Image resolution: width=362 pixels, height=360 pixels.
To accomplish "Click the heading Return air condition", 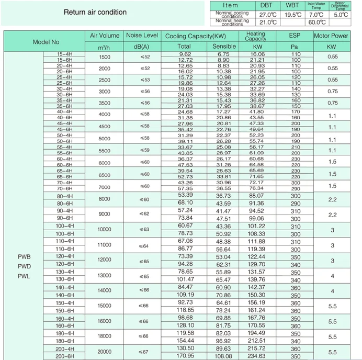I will point(95,12).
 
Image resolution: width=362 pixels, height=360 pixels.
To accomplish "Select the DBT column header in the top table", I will point(266,5).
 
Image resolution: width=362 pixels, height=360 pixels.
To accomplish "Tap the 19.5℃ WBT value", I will point(292,15).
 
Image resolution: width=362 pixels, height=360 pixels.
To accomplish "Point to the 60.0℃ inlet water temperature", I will point(316,22).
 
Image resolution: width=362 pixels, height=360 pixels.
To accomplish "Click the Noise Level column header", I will point(142,36).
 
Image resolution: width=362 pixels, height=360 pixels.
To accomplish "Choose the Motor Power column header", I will point(331,36).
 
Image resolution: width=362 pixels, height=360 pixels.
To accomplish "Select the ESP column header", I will point(295,36).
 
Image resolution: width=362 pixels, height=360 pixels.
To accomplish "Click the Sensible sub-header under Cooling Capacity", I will point(224,46).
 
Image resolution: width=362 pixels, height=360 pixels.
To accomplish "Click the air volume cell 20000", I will point(104,352).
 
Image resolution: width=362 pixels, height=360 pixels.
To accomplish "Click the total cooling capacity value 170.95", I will point(185,356).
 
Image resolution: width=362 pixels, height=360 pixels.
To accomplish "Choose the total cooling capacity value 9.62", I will point(185,54).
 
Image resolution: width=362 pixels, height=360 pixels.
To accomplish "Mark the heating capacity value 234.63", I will point(256,356).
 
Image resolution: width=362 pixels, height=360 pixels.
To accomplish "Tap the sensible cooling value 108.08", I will point(223,356).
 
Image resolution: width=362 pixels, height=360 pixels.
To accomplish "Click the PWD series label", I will point(25,266).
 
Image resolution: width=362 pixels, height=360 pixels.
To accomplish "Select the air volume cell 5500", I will point(104,150).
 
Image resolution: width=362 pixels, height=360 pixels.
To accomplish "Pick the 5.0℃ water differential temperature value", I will point(341,15).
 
